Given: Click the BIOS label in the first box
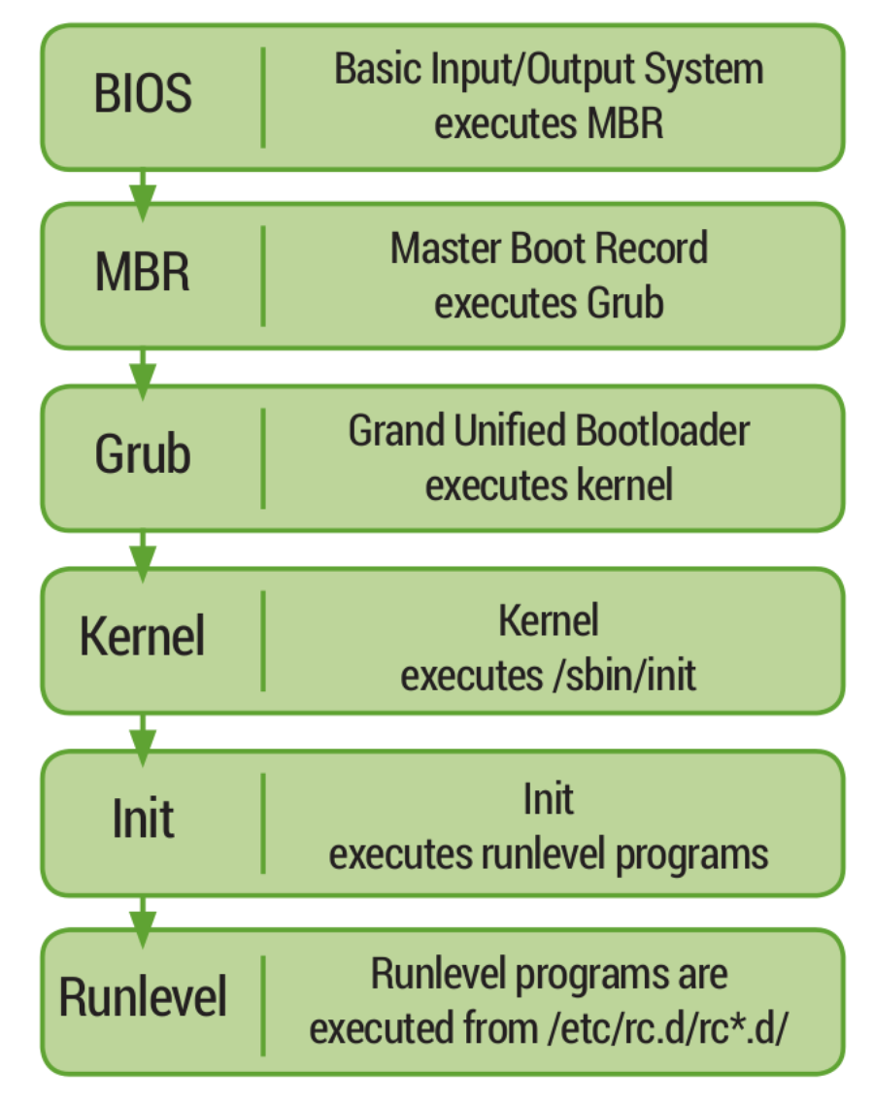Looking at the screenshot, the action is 143,93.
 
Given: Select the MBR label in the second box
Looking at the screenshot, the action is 143,272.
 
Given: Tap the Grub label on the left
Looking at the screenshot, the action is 143,453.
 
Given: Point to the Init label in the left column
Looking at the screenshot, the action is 143,819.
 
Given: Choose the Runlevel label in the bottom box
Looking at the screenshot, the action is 143,997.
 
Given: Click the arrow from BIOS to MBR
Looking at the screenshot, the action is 143,195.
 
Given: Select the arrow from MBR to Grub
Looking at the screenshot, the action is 143,374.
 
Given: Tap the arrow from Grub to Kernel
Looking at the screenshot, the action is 143,556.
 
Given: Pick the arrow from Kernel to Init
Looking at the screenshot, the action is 143,739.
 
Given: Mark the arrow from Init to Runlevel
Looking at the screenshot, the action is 143,921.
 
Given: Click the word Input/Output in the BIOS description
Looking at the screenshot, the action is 532,70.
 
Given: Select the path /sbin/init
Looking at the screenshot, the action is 624,676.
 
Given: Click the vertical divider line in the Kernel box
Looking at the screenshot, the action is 263,641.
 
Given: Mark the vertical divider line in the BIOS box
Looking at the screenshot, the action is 263,98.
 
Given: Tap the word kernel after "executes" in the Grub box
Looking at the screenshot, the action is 624,485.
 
